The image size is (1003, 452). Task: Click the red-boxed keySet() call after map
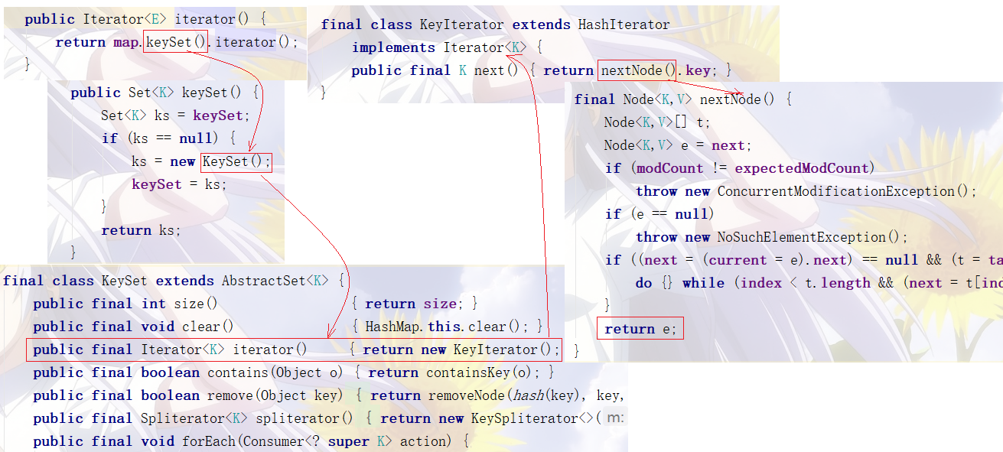[175, 42]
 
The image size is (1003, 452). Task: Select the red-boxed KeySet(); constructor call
[236, 161]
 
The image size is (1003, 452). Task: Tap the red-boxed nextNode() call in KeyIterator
[637, 70]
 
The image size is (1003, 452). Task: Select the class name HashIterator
[624, 24]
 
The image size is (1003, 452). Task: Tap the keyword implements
[393, 47]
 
